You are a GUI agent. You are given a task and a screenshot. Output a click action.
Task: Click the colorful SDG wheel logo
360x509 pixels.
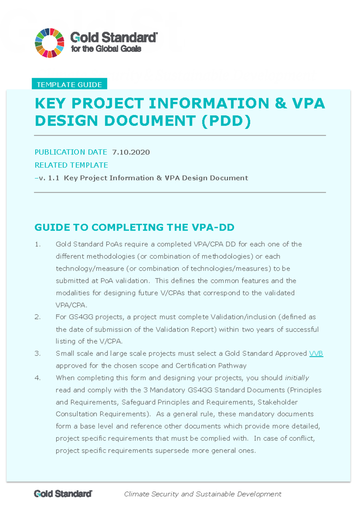click(49, 43)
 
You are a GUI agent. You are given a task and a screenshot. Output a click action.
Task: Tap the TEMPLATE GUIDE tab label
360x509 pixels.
click(69, 85)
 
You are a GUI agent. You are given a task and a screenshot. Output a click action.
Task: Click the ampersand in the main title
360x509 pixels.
click(280, 103)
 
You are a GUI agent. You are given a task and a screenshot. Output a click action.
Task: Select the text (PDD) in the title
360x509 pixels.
click(226, 121)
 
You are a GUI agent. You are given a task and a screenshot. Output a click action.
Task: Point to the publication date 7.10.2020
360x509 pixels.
click(131, 152)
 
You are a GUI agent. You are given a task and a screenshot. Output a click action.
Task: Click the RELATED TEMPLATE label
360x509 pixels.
click(71, 165)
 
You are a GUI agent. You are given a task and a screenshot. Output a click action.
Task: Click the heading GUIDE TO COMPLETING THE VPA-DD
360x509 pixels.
click(134, 228)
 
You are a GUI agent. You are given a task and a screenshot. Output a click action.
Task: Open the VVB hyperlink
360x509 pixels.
click(316, 354)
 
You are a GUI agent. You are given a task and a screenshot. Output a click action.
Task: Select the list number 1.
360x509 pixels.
click(37, 245)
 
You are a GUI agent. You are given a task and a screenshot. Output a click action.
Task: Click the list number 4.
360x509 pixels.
click(37, 378)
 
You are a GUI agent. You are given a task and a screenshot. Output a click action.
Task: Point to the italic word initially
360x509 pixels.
click(297, 378)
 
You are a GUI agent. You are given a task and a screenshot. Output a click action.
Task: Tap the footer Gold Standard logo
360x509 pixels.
click(63, 494)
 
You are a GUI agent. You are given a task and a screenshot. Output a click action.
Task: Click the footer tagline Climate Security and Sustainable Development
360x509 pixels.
click(203, 494)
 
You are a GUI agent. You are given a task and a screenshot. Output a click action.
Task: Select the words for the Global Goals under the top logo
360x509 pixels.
click(106, 49)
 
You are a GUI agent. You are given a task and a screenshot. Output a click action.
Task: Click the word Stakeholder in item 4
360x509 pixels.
click(277, 402)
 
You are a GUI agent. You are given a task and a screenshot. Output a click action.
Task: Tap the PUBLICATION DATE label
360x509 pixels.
click(71, 152)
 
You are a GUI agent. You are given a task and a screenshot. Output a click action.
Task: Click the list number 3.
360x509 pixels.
click(37, 354)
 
